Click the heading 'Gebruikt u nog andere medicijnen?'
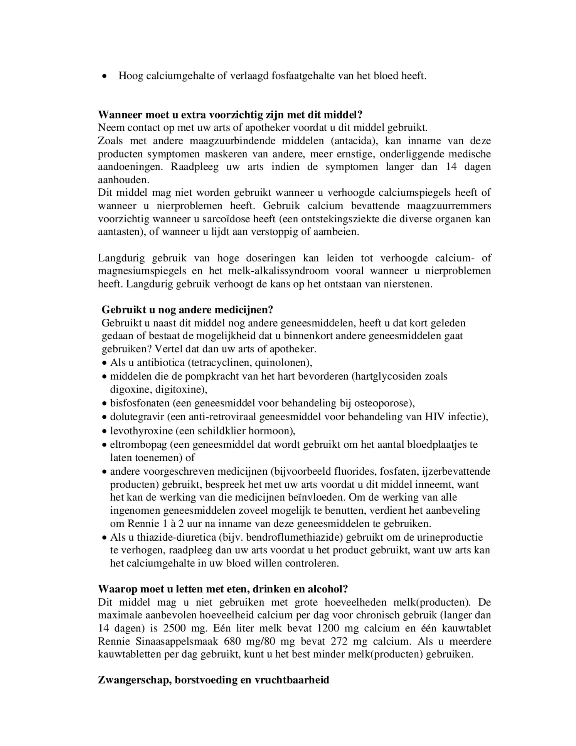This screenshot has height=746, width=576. click(187, 310)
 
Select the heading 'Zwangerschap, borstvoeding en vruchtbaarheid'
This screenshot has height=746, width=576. click(213, 680)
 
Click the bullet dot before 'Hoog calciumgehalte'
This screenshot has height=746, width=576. click(104, 76)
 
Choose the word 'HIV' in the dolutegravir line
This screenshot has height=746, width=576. click(435, 417)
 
